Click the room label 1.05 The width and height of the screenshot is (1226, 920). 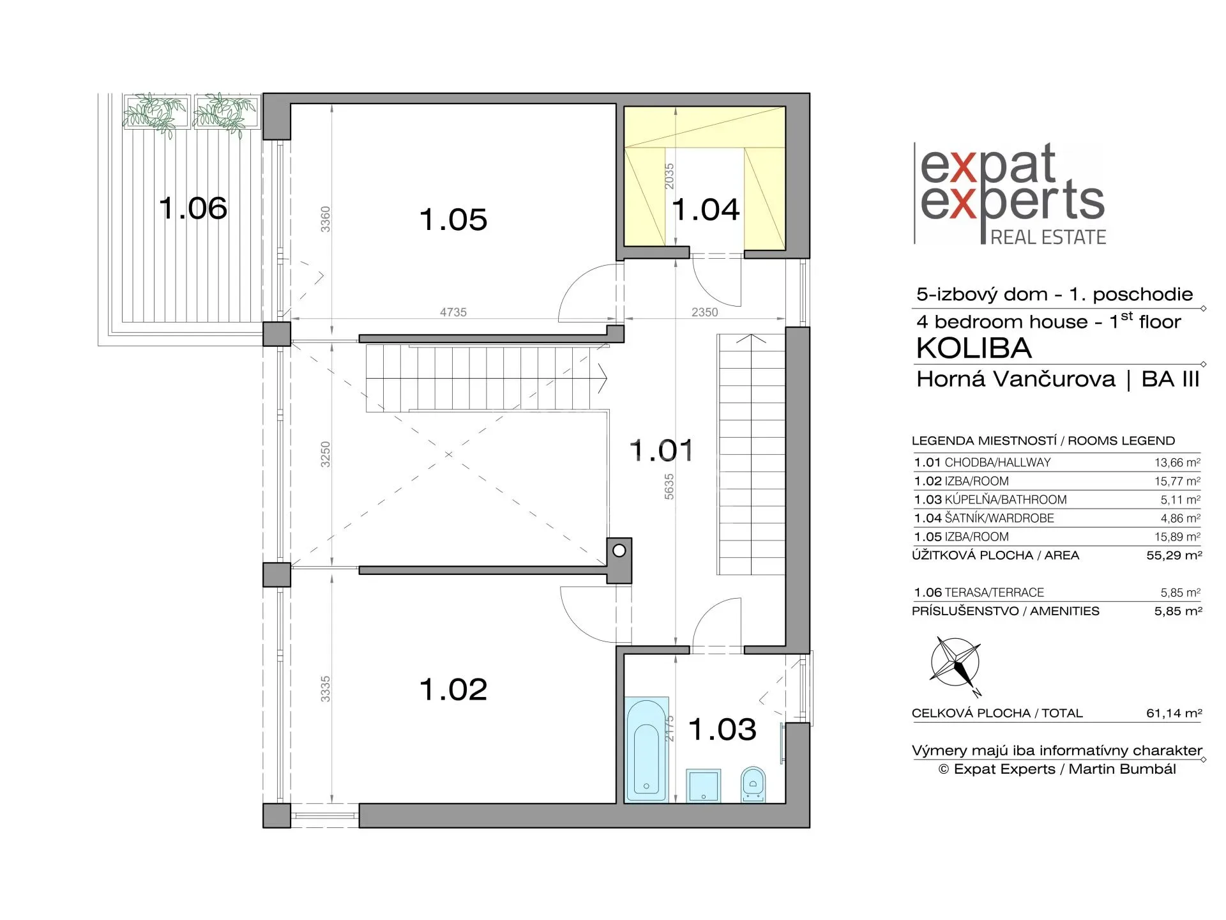453,220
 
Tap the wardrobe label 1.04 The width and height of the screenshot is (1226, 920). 706,210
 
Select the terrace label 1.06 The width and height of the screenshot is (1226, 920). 193,208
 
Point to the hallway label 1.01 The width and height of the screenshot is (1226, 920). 662,450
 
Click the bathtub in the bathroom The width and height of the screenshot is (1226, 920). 647,750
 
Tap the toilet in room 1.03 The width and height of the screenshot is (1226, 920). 753,784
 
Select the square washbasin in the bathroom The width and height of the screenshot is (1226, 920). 703,785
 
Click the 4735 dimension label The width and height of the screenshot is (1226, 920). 453,312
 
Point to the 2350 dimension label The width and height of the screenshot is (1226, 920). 704,312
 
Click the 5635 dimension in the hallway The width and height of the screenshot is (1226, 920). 669,486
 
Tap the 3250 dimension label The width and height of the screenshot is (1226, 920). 326,454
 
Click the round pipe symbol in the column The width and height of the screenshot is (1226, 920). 619,550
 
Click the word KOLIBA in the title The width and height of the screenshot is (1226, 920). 974,348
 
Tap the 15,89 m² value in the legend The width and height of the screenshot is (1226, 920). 1177,537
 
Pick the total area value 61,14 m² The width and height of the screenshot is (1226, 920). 1174,713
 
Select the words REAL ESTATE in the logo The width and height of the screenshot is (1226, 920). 1048,237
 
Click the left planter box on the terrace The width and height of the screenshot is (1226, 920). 157,112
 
